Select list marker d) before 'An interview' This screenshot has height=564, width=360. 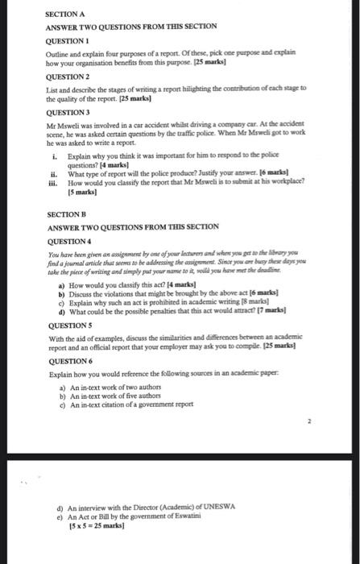[60, 508]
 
